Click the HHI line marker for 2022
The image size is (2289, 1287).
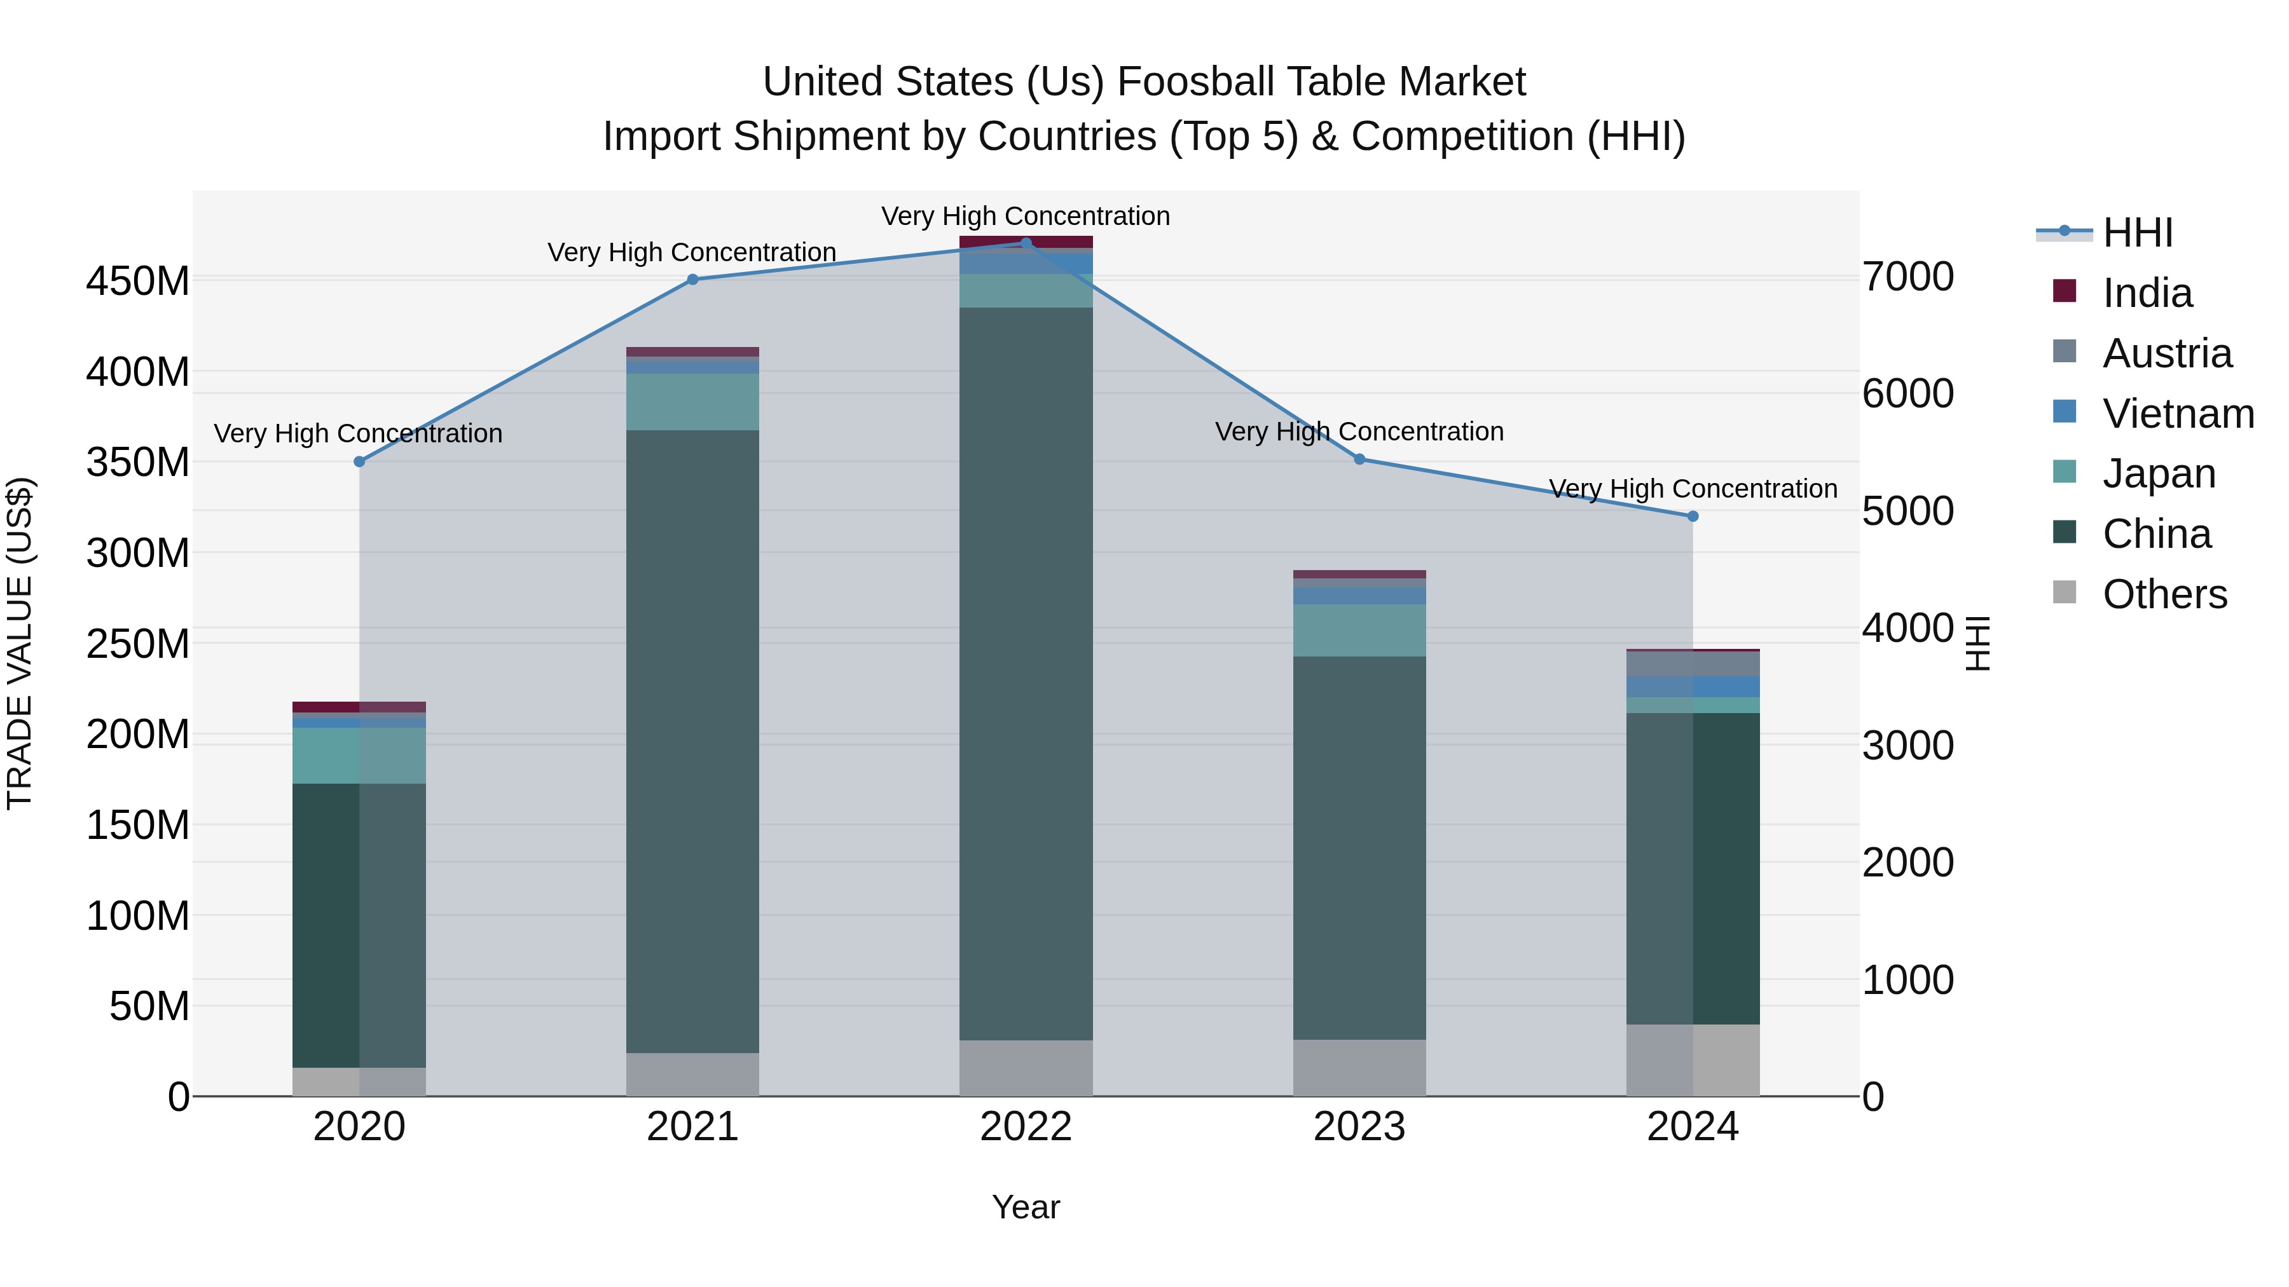click(x=1026, y=243)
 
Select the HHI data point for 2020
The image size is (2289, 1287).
click(x=359, y=462)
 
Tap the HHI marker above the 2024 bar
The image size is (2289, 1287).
click(x=1692, y=516)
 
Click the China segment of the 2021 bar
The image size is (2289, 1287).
click(x=692, y=742)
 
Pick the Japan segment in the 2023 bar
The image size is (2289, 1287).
click(x=1359, y=630)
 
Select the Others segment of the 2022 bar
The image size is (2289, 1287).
click(x=1026, y=1068)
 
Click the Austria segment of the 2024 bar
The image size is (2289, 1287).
click(x=1692, y=664)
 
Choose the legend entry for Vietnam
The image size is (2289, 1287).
click(x=2177, y=414)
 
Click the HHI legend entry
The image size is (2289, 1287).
click(x=2137, y=233)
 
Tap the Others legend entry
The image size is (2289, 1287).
click(x=2164, y=594)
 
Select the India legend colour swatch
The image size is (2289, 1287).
click(x=2064, y=291)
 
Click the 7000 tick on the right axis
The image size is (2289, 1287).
click(x=1907, y=277)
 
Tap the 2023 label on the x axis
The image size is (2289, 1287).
click(x=1359, y=1127)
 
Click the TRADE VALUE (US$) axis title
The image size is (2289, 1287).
click(x=20, y=643)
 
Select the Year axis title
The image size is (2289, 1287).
click(x=1026, y=1207)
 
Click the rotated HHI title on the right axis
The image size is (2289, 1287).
click(x=1978, y=643)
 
